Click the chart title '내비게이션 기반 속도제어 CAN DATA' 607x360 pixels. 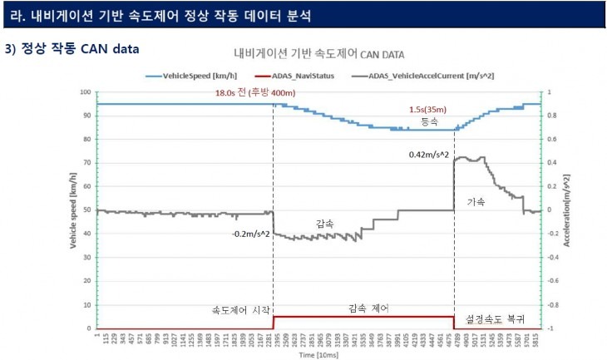tap(318, 54)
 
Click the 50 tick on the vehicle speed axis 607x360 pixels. tap(87, 210)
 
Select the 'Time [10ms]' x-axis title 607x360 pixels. tap(318, 353)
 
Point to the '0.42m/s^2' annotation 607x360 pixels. tap(430, 155)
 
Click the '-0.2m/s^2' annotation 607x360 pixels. tap(251, 234)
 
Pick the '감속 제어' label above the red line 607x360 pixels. tap(364, 308)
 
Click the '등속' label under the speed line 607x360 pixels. tap(429, 121)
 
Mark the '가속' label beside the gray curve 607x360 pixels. tap(476, 201)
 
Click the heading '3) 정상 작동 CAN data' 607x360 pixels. tap(72, 48)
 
